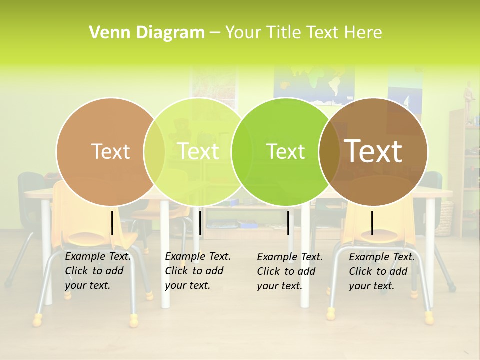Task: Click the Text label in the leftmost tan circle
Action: coord(110,151)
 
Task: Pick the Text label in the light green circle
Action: coord(198,151)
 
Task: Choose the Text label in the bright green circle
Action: coord(286,151)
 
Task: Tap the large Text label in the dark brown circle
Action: coord(373,151)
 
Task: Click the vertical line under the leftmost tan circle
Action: coord(112,223)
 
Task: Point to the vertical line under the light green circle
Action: coord(200,223)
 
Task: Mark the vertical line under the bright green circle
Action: coord(288,223)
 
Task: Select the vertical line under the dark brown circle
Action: coord(372,223)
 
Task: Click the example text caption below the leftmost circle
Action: coord(98,271)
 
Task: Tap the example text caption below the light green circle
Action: coord(198,271)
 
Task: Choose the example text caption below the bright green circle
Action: coord(290,271)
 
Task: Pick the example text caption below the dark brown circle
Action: coord(382,271)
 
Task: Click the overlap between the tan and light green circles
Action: coord(154,151)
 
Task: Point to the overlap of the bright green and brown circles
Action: coord(330,151)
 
